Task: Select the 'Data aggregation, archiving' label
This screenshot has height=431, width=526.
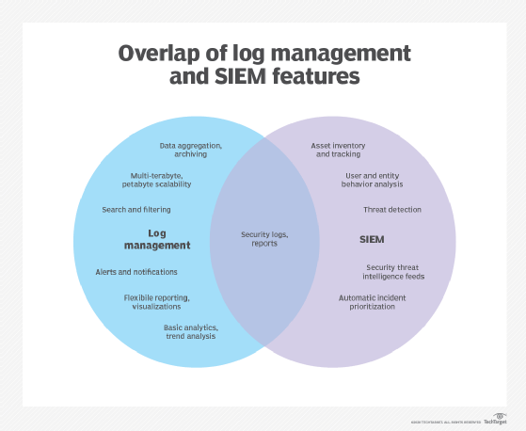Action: point(191,150)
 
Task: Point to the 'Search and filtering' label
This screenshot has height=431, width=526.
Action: point(136,209)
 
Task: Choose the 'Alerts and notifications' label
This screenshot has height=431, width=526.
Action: point(136,272)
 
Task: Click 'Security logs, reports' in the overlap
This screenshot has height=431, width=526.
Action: point(263,239)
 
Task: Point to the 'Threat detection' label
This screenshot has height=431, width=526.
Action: point(392,209)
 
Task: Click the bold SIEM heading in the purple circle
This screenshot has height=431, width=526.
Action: point(372,240)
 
